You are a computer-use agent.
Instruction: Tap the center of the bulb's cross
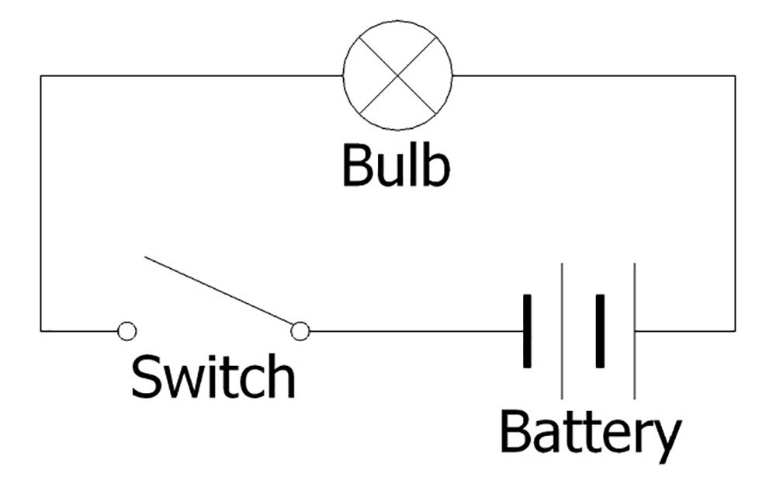tap(397, 75)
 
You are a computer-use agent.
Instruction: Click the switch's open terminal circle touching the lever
tap(300, 331)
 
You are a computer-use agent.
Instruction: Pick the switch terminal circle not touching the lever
tap(127, 331)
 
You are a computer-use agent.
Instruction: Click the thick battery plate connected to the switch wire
tap(528, 331)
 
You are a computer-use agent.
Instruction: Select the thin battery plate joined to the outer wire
tap(635, 331)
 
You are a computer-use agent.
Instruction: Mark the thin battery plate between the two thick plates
tap(563, 331)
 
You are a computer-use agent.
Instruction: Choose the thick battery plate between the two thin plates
tap(599, 331)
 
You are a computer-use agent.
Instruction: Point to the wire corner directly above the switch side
tap(41, 75)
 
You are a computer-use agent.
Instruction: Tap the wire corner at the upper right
tap(735, 75)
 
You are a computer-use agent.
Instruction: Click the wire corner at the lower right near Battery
tap(735, 331)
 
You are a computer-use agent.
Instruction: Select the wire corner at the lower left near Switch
tap(41, 331)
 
